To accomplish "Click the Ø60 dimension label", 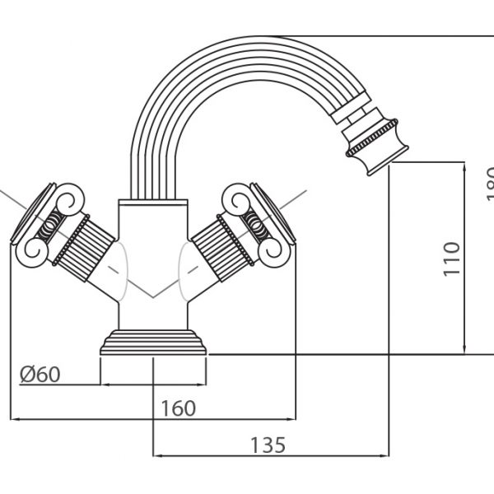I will click(x=40, y=374).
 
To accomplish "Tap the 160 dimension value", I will click(x=178, y=408).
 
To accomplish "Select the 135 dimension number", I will click(x=269, y=445).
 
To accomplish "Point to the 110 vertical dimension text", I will click(x=451, y=258).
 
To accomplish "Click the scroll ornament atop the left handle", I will click(x=66, y=200).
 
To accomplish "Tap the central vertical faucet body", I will click(x=154, y=239).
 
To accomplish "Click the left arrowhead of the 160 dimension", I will click(x=14, y=420).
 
